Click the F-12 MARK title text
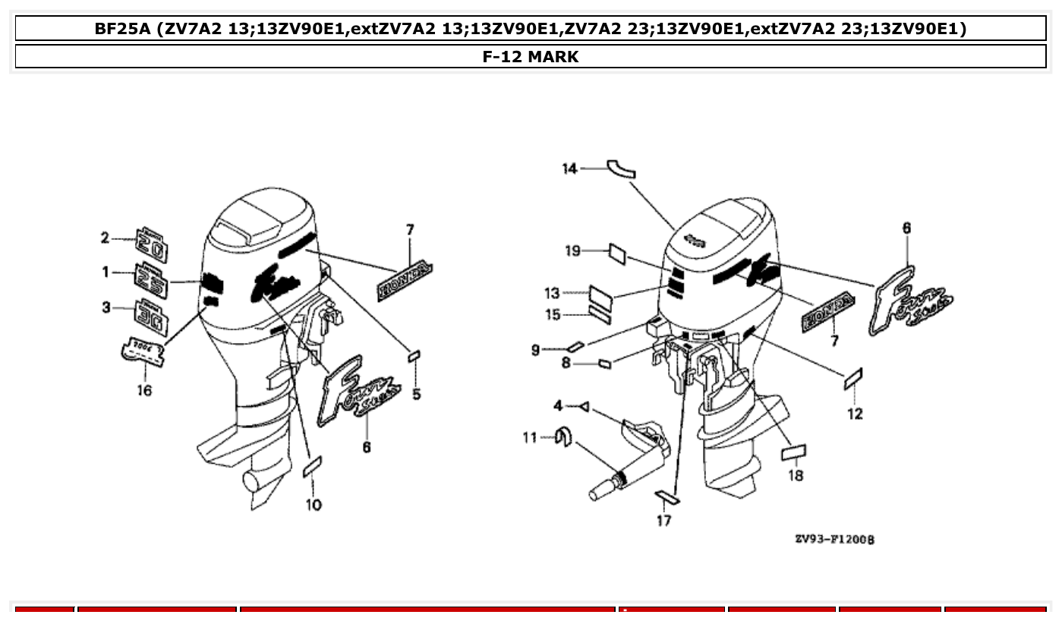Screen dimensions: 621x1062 [530, 56]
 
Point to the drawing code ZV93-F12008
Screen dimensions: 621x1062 [834, 539]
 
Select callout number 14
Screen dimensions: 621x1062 [569, 169]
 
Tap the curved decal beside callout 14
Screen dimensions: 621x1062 [621, 169]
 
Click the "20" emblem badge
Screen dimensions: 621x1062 [152, 243]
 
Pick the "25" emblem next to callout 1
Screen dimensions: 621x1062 [151, 277]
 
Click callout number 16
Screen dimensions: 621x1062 [144, 390]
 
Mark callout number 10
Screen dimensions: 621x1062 [314, 505]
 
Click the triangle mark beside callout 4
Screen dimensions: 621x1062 [583, 408]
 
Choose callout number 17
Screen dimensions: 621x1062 [663, 521]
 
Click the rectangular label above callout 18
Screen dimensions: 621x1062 [793, 453]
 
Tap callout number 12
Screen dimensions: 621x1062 [855, 414]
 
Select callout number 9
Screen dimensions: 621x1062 [536, 350]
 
